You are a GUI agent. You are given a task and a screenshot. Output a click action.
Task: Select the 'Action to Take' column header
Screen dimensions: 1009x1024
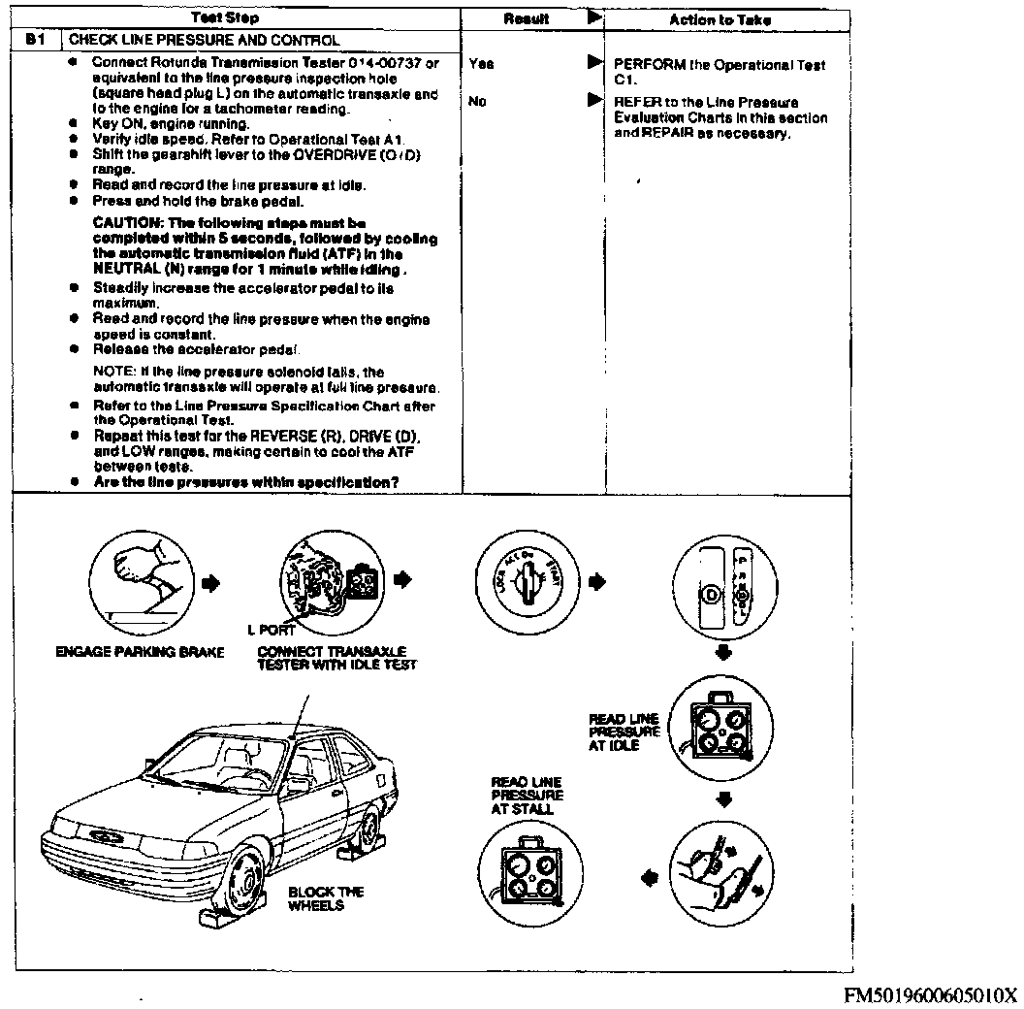(720, 19)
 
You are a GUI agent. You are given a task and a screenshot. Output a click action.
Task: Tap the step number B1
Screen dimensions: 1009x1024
(36, 41)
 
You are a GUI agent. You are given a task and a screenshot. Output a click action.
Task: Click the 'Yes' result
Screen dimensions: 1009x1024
(480, 64)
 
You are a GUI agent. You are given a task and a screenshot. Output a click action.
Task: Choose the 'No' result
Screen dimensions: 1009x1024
(476, 100)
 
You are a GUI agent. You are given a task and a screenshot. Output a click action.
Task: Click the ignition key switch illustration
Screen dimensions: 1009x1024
(528, 581)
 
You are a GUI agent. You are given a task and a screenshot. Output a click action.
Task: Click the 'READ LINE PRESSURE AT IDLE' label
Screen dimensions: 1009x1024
(624, 732)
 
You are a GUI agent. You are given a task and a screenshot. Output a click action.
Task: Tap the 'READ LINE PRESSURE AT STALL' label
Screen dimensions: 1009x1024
(526, 795)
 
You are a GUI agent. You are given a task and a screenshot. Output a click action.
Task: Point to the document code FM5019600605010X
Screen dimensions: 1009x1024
(928, 994)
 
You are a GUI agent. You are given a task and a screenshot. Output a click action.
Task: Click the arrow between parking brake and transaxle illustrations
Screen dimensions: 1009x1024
(212, 582)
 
